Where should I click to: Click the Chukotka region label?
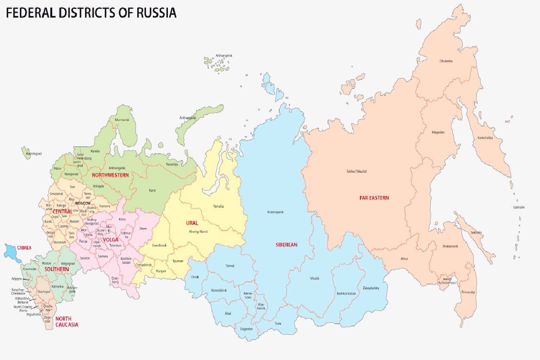click(x=446, y=61)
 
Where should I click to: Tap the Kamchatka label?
click(x=485, y=138)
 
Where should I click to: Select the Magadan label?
click(x=438, y=132)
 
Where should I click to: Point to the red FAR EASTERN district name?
click(x=374, y=198)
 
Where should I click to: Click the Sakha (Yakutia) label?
click(x=357, y=171)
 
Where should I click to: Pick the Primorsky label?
click(x=468, y=292)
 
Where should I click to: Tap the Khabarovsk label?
click(x=450, y=246)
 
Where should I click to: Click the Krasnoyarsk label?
click(x=275, y=212)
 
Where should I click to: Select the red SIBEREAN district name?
click(x=287, y=245)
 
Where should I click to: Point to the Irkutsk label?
click(x=315, y=278)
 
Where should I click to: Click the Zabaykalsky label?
click(x=371, y=288)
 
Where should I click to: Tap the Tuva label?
click(x=278, y=323)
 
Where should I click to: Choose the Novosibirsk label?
click(x=219, y=290)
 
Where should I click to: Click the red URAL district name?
click(x=192, y=223)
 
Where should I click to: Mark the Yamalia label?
click(x=218, y=206)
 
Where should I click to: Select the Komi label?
click(x=152, y=190)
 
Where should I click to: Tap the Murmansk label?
click(x=122, y=120)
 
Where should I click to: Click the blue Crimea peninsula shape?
click(x=12, y=252)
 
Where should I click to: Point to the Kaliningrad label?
click(x=34, y=154)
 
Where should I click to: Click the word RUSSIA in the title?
click(x=156, y=13)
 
